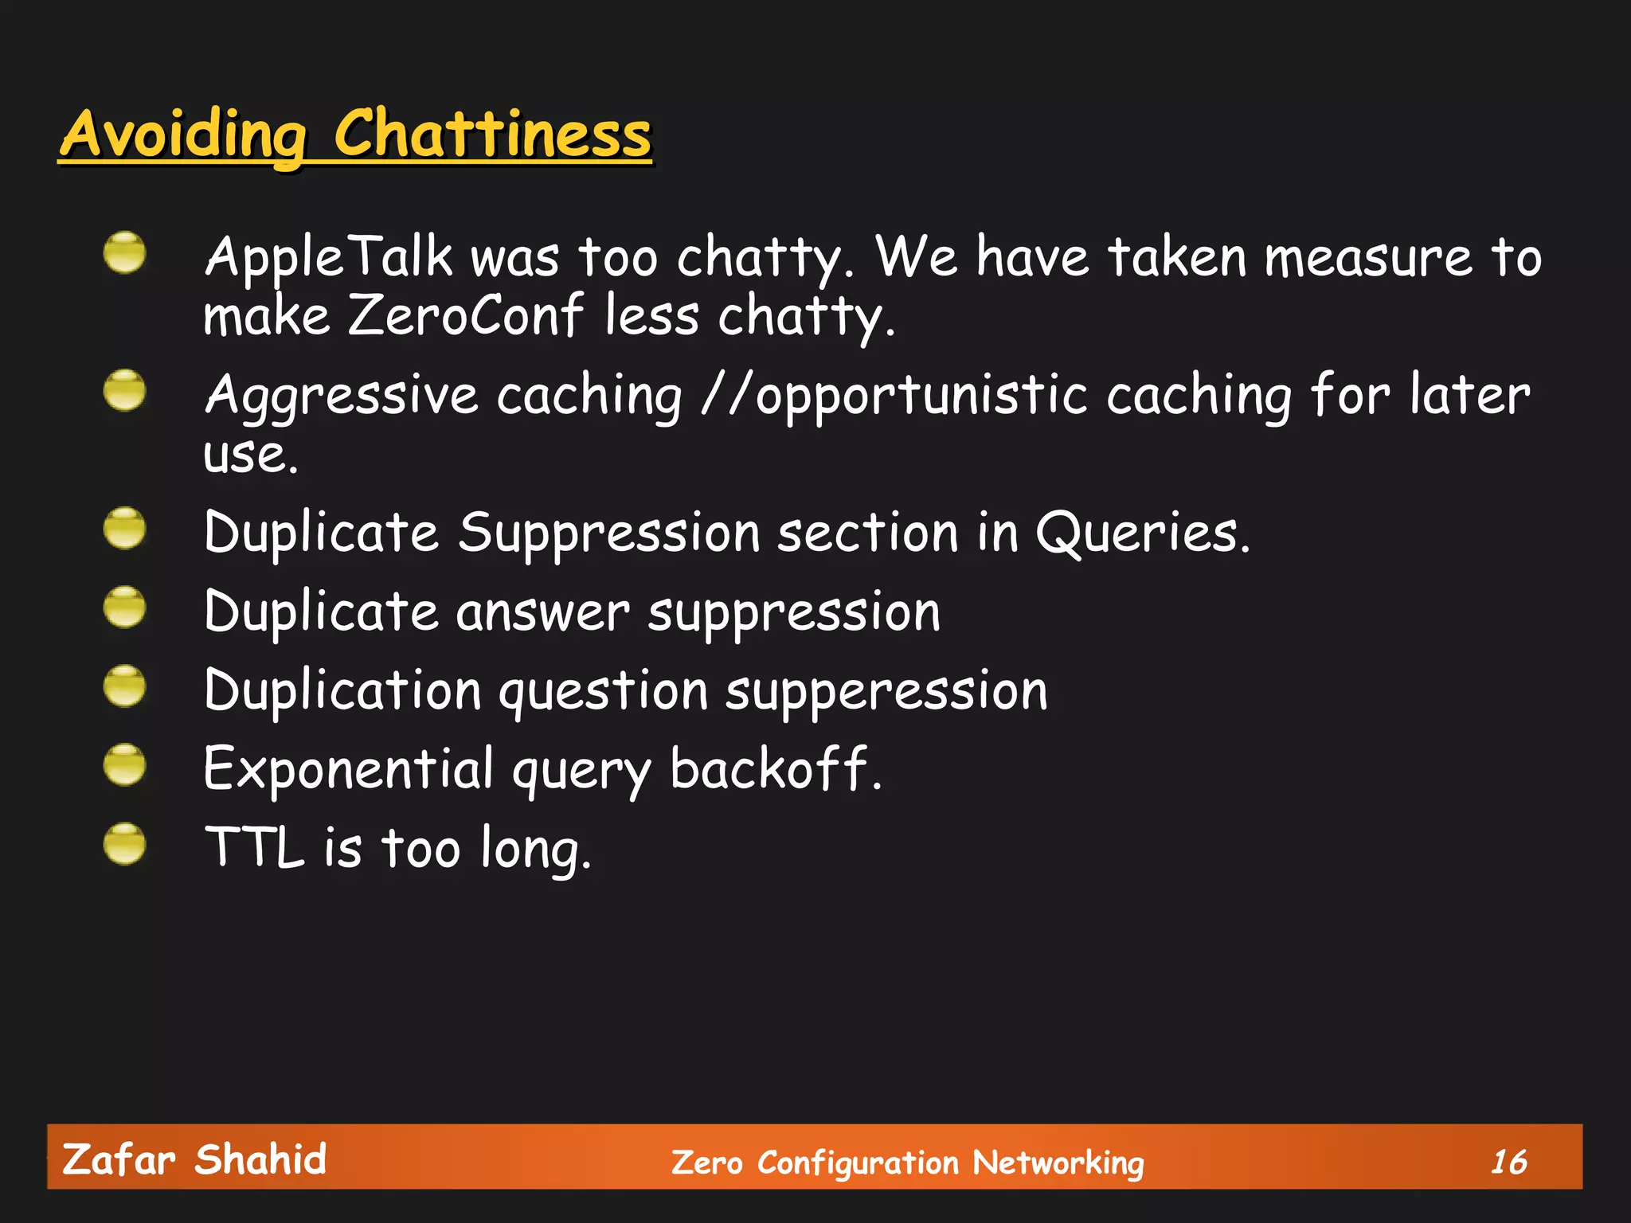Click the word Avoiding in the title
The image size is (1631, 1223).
tap(183, 134)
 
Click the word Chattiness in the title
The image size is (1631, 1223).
tap(491, 134)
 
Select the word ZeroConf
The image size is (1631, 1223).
tap(465, 315)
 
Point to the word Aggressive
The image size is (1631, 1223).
tap(341, 396)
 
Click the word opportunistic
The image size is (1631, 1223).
tap(921, 396)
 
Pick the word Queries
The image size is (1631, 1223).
tap(1142, 532)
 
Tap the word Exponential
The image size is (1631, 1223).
tap(349, 770)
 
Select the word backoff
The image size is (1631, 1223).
tap(775, 770)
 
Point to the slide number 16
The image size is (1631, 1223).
tap(1508, 1162)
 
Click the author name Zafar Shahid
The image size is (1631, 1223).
tap(194, 1159)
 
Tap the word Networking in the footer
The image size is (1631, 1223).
tap(1058, 1162)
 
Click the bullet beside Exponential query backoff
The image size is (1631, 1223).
tap(125, 764)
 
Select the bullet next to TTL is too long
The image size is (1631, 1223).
tap(125, 844)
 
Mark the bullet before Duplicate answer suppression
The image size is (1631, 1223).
tap(125, 607)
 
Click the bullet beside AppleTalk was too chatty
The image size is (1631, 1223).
tap(125, 253)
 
